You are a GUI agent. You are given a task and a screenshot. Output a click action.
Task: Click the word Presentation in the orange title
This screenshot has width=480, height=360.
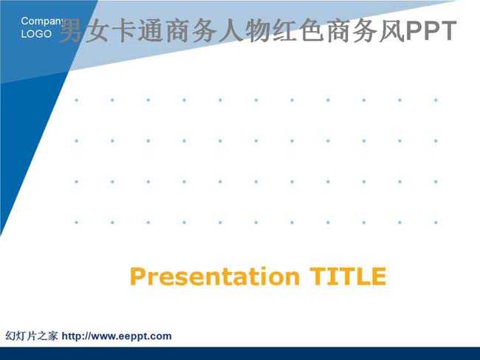(215, 277)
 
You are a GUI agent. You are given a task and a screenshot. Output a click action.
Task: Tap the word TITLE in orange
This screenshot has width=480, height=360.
(348, 277)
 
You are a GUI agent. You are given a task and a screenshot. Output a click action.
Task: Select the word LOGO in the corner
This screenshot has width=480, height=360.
(36, 34)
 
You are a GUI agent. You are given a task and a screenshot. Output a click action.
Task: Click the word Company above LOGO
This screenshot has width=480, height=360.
(43, 21)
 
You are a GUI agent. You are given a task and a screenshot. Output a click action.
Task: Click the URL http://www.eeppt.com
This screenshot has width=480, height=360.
(117, 336)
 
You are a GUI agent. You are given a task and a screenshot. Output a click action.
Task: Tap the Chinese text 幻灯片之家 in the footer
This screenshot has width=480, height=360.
(32, 336)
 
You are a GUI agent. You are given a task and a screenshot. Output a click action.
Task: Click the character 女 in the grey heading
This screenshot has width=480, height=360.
(97, 30)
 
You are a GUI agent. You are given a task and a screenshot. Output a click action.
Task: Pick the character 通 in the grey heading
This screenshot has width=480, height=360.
(151, 30)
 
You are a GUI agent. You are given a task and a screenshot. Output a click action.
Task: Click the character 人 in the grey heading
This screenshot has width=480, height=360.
(230, 30)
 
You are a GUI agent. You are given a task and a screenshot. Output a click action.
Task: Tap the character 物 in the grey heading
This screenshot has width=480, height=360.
(257, 30)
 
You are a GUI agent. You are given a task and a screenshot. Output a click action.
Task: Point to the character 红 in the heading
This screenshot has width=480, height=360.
(284, 30)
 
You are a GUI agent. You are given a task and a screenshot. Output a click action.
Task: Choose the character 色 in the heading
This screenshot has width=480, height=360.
(310, 30)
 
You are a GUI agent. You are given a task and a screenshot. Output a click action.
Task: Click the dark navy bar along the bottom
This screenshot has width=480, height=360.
(240, 353)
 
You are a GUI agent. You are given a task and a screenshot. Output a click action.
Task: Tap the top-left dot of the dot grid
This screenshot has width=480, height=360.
(77, 100)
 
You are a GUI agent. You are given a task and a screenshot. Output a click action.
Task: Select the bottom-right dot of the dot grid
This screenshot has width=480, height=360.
(436, 222)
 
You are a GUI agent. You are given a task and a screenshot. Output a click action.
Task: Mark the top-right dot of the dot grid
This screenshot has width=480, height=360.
(436, 100)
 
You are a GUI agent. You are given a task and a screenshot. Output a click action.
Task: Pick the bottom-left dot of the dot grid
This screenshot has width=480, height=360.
(77, 222)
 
